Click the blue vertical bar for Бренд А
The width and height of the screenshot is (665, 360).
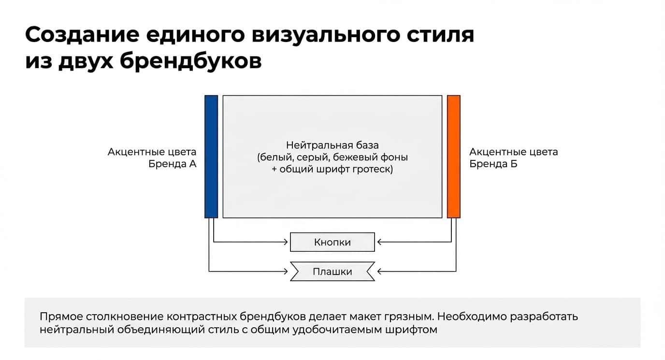pyautogui.click(x=211, y=157)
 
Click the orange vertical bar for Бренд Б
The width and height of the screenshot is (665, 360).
pyautogui.click(x=454, y=157)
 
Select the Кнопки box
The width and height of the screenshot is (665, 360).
pyautogui.click(x=332, y=242)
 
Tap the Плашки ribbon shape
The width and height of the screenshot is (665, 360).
pyautogui.click(x=332, y=271)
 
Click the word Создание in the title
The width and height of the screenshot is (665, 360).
pyautogui.click(x=82, y=35)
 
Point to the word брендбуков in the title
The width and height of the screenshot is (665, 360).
pyautogui.click(x=190, y=62)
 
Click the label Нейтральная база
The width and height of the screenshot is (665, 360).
pyautogui.click(x=332, y=145)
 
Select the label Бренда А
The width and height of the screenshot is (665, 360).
pyautogui.click(x=173, y=164)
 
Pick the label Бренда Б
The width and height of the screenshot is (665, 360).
pyautogui.click(x=493, y=164)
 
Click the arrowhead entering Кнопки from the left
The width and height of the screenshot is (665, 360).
pyautogui.click(x=286, y=242)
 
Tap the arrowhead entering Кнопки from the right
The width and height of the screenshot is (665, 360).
pyautogui.click(x=380, y=242)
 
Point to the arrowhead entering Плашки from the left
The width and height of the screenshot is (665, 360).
pyautogui.click(x=286, y=271)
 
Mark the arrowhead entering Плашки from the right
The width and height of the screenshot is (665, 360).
pyautogui.click(x=380, y=271)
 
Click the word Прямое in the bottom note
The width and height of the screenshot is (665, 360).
pyautogui.click(x=61, y=317)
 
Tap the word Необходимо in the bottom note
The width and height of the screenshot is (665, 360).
pyautogui.click(x=472, y=317)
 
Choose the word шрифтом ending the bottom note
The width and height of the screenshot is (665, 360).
pyautogui.click(x=415, y=330)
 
